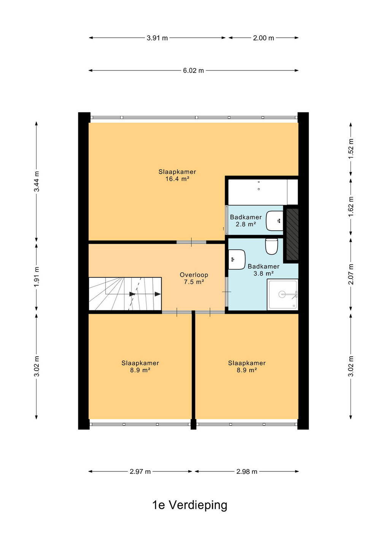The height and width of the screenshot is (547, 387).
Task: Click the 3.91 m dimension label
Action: [157, 38]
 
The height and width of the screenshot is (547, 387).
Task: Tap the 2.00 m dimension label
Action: [263, 38]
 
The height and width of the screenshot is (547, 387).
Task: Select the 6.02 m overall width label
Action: [193, 71]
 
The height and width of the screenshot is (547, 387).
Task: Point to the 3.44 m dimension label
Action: [36, 182]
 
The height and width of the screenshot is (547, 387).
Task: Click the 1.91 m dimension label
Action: [36, 277]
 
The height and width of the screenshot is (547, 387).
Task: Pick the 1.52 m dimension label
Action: [351, 149]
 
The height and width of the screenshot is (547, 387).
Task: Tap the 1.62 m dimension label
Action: [351, 207]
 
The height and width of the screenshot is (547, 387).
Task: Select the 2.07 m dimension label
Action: [351, 274]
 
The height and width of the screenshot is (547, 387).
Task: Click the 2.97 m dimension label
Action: [140, 471]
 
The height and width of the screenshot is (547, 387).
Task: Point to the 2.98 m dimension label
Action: [247, 471]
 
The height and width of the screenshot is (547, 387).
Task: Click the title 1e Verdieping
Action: [190, 505]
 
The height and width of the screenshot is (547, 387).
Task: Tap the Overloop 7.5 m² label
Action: [194, 278]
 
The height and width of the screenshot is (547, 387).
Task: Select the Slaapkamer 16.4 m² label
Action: [178, 175]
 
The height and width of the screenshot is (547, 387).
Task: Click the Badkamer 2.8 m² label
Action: [246, 220]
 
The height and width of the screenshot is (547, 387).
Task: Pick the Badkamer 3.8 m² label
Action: [263, 270]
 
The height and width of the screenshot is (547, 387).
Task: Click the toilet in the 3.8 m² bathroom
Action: [271, 246]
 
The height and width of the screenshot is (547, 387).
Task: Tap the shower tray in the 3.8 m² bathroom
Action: [283, 294]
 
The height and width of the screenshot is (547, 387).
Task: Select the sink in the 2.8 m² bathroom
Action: [274, 221]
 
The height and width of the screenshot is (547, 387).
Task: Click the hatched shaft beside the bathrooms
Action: [292, 234]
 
